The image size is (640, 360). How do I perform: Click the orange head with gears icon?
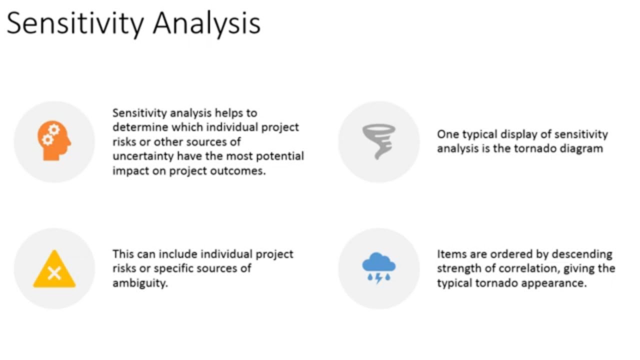(54, 141)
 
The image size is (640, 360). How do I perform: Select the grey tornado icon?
(378, 141)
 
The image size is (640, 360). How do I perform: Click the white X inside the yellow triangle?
(54, 273)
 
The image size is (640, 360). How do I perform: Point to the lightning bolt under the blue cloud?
(378, 278)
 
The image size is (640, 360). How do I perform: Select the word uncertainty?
(142, 156)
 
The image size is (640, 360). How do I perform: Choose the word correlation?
(530, 268)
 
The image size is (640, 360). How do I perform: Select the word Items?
(449, 254)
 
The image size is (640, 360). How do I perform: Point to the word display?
(517, 134)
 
